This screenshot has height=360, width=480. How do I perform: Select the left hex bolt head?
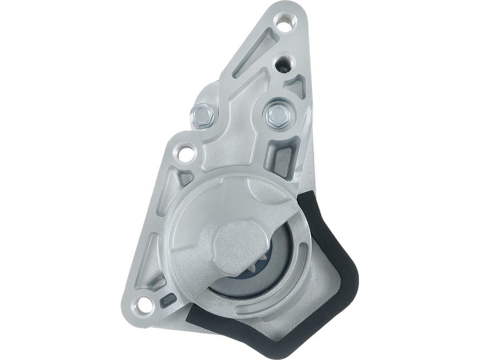tap(203, 116)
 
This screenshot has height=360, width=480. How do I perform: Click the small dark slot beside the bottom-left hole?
tap(168, 299)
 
